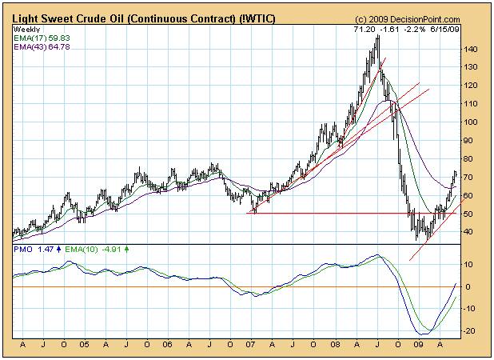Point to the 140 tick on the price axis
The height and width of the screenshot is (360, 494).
(472, 50)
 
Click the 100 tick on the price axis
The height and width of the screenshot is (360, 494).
(472, 122)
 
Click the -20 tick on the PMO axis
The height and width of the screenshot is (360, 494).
(471, 330)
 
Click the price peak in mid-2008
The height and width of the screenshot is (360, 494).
(377, 38)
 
